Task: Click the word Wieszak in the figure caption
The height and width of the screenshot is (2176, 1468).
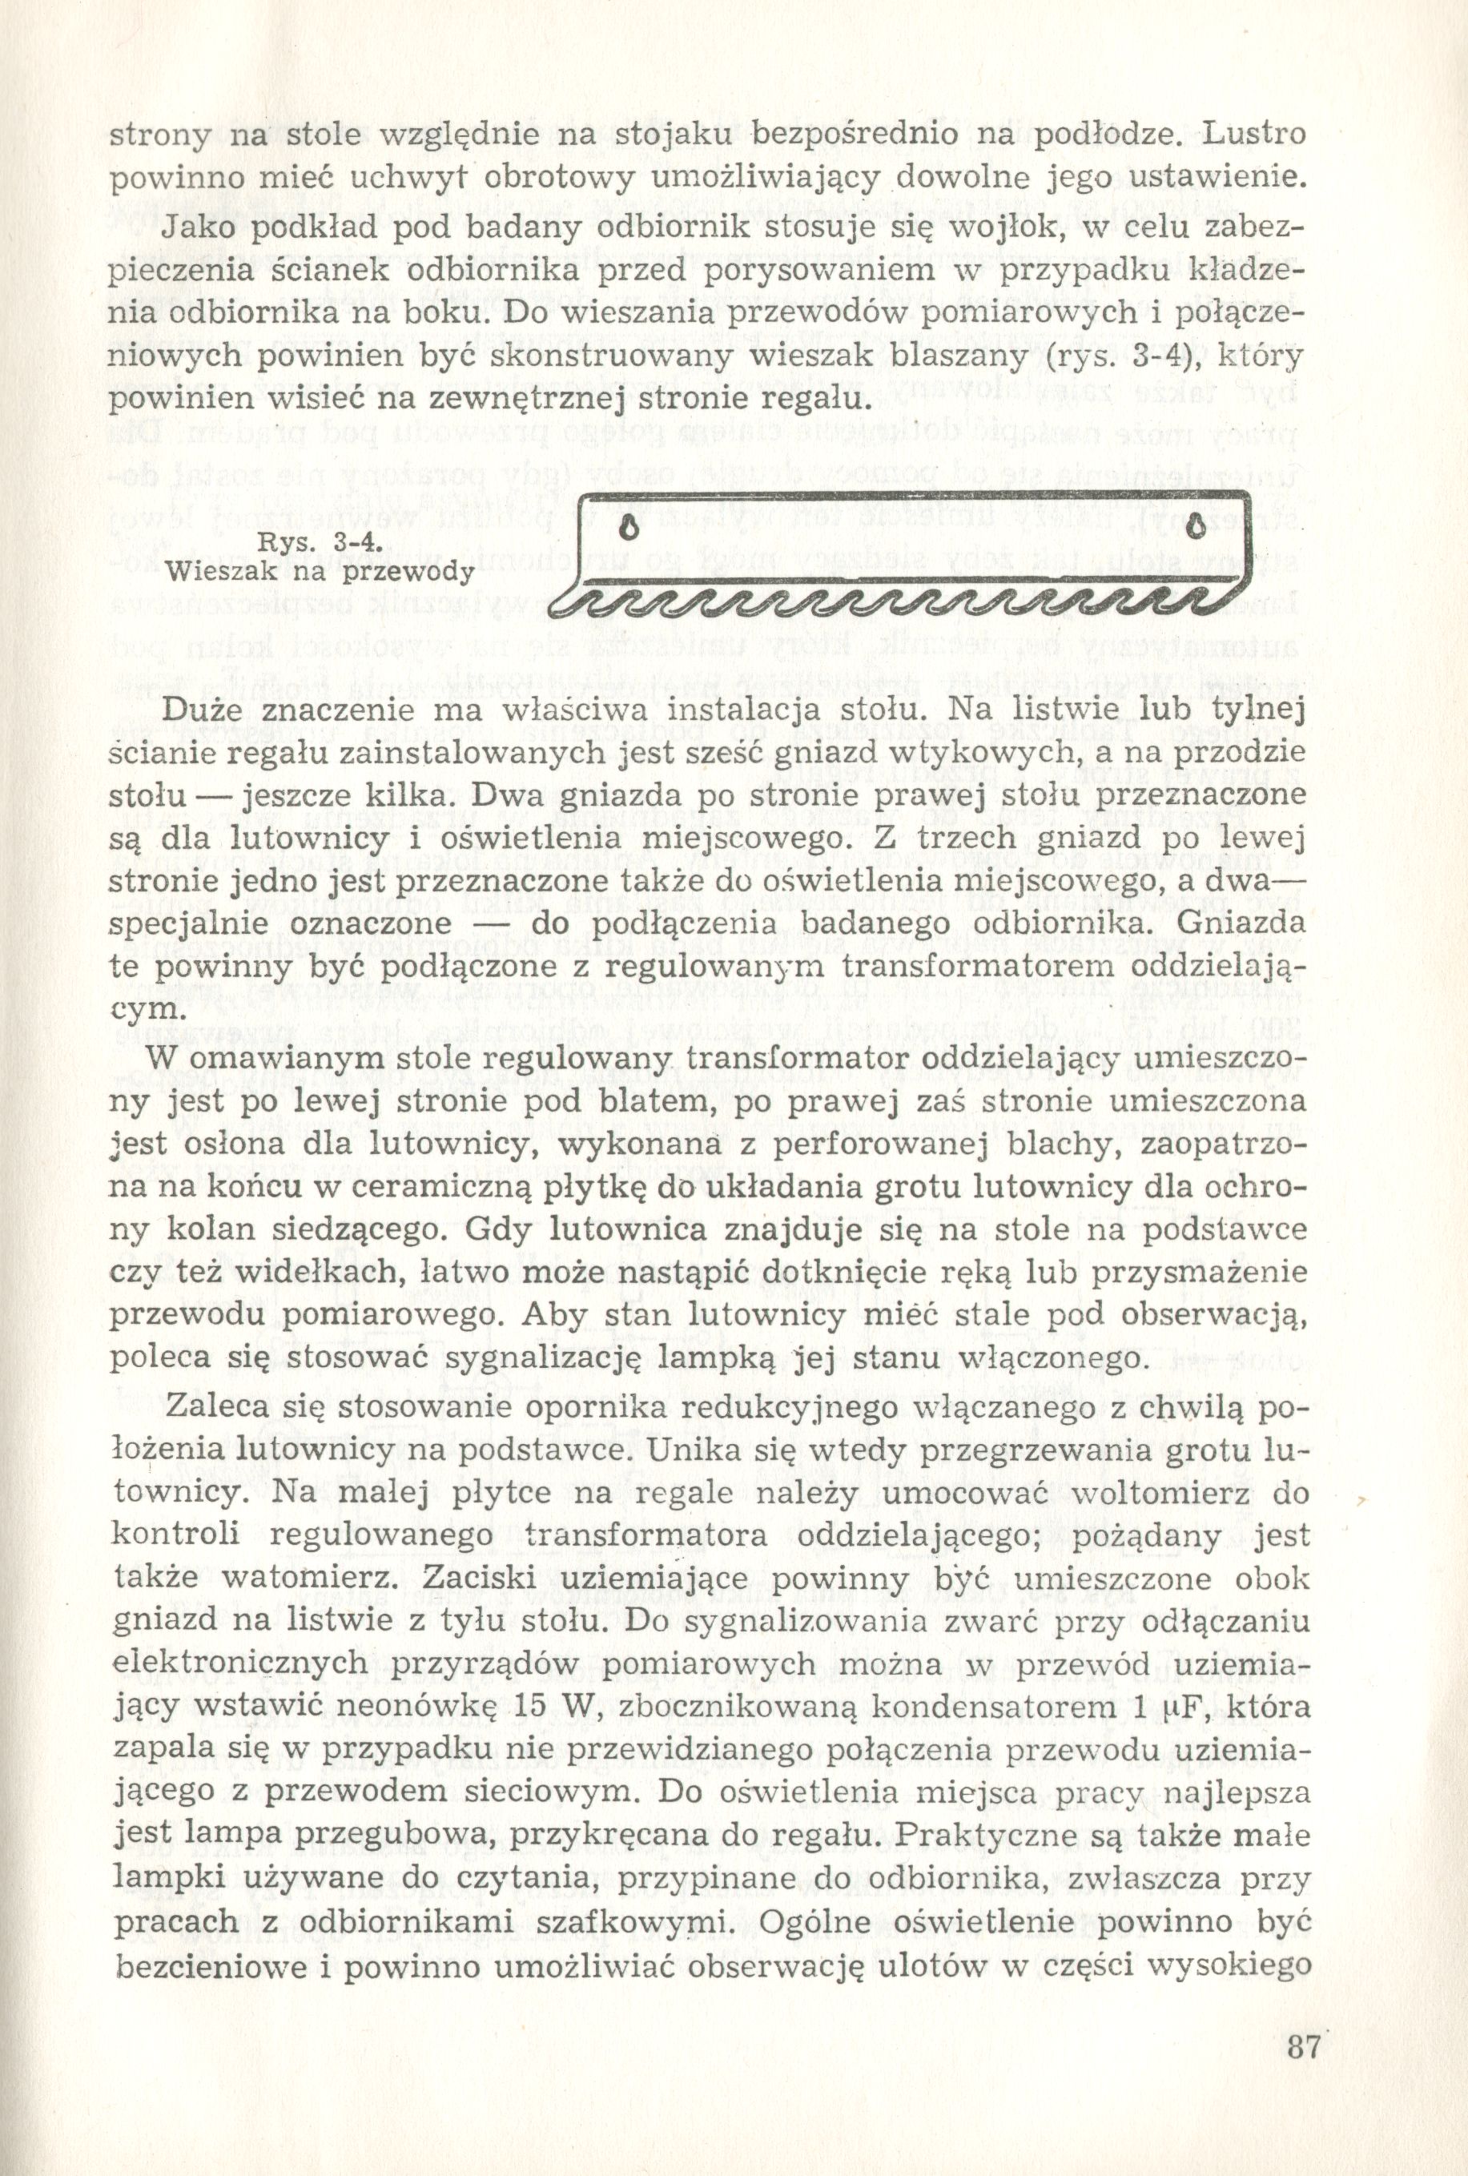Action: click(217, 571)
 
